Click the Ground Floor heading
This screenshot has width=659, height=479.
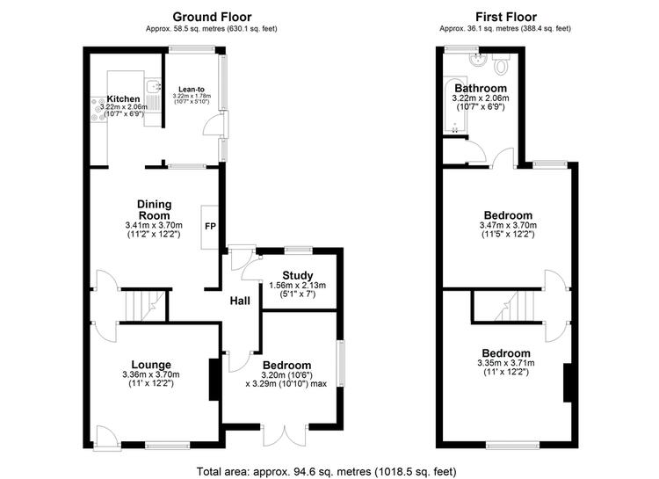(212, 17)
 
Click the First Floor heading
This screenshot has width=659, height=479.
(506, 17)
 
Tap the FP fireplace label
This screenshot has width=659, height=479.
(210, 226)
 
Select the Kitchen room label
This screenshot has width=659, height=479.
(123, 98)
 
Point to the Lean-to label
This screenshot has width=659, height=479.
(192, 89)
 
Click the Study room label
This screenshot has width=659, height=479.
(298, 275)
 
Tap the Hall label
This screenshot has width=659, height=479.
(240, 301)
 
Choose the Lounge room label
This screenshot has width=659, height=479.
(151, 365)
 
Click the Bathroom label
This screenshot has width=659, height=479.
(481, 88)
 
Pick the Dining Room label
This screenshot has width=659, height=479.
(155, 209)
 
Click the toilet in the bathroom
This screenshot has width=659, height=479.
(501, 63)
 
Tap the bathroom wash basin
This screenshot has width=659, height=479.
(477, 60)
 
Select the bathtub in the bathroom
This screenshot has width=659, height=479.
(455, 105)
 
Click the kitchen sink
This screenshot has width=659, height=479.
(153, 86)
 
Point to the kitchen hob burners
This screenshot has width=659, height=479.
(98, 109)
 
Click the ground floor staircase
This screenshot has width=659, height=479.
(145, 306)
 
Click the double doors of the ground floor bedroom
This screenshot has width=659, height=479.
(285, 436)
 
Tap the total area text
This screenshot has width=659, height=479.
(327, 471)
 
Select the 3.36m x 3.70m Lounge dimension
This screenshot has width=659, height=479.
(151, 374)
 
